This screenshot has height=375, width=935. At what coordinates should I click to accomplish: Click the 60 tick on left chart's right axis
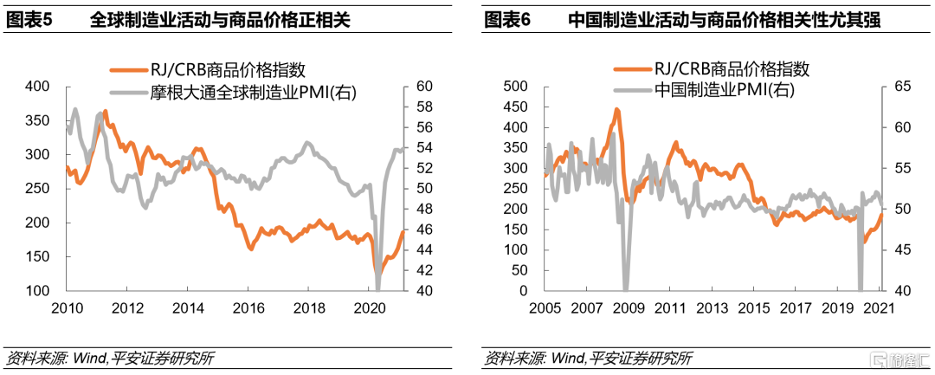(424, 87)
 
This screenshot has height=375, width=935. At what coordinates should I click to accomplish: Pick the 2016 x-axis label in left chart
(249, 308)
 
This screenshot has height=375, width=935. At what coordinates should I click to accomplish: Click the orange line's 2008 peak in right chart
(616, 110)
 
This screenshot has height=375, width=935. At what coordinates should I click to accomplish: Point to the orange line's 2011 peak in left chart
(106, 112)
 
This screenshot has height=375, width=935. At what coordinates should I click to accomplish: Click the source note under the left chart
(109, 358)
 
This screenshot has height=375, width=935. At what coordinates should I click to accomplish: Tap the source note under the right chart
(589, 358)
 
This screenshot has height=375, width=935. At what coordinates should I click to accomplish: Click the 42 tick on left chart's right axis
(424, 271)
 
